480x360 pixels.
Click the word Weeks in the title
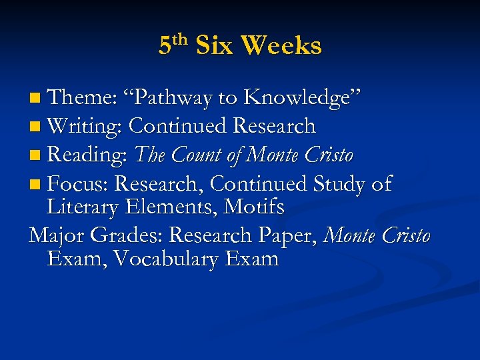[281, 46]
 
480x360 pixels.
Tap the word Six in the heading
[215, 46]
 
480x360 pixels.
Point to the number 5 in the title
[164, 46]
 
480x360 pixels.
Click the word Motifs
[254, 207]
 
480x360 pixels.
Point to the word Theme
[83, 98]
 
